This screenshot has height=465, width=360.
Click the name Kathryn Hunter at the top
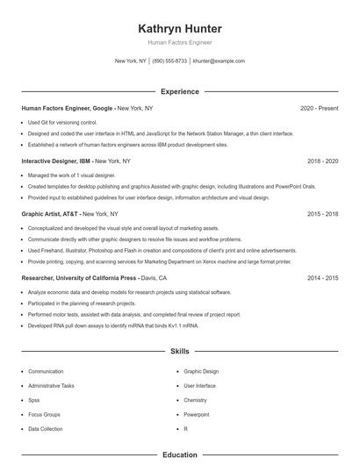180,28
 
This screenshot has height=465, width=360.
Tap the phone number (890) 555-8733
169,61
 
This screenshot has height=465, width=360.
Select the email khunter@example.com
218,61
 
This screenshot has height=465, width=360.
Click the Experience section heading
180,91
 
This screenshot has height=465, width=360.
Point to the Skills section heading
180,352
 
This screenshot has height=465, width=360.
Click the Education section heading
180,455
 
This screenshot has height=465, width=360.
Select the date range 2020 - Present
319,108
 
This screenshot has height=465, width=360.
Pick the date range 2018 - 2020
322,161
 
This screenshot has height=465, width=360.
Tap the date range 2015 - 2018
322,213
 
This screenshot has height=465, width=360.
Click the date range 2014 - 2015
322,277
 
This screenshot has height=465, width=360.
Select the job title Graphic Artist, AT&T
51,213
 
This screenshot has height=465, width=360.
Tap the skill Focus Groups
44,414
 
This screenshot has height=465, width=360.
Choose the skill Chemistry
195,400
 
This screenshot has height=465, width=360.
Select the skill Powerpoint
196,414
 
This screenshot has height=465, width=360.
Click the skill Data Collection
46,429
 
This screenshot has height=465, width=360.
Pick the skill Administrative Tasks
51,386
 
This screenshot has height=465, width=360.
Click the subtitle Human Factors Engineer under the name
180,42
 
